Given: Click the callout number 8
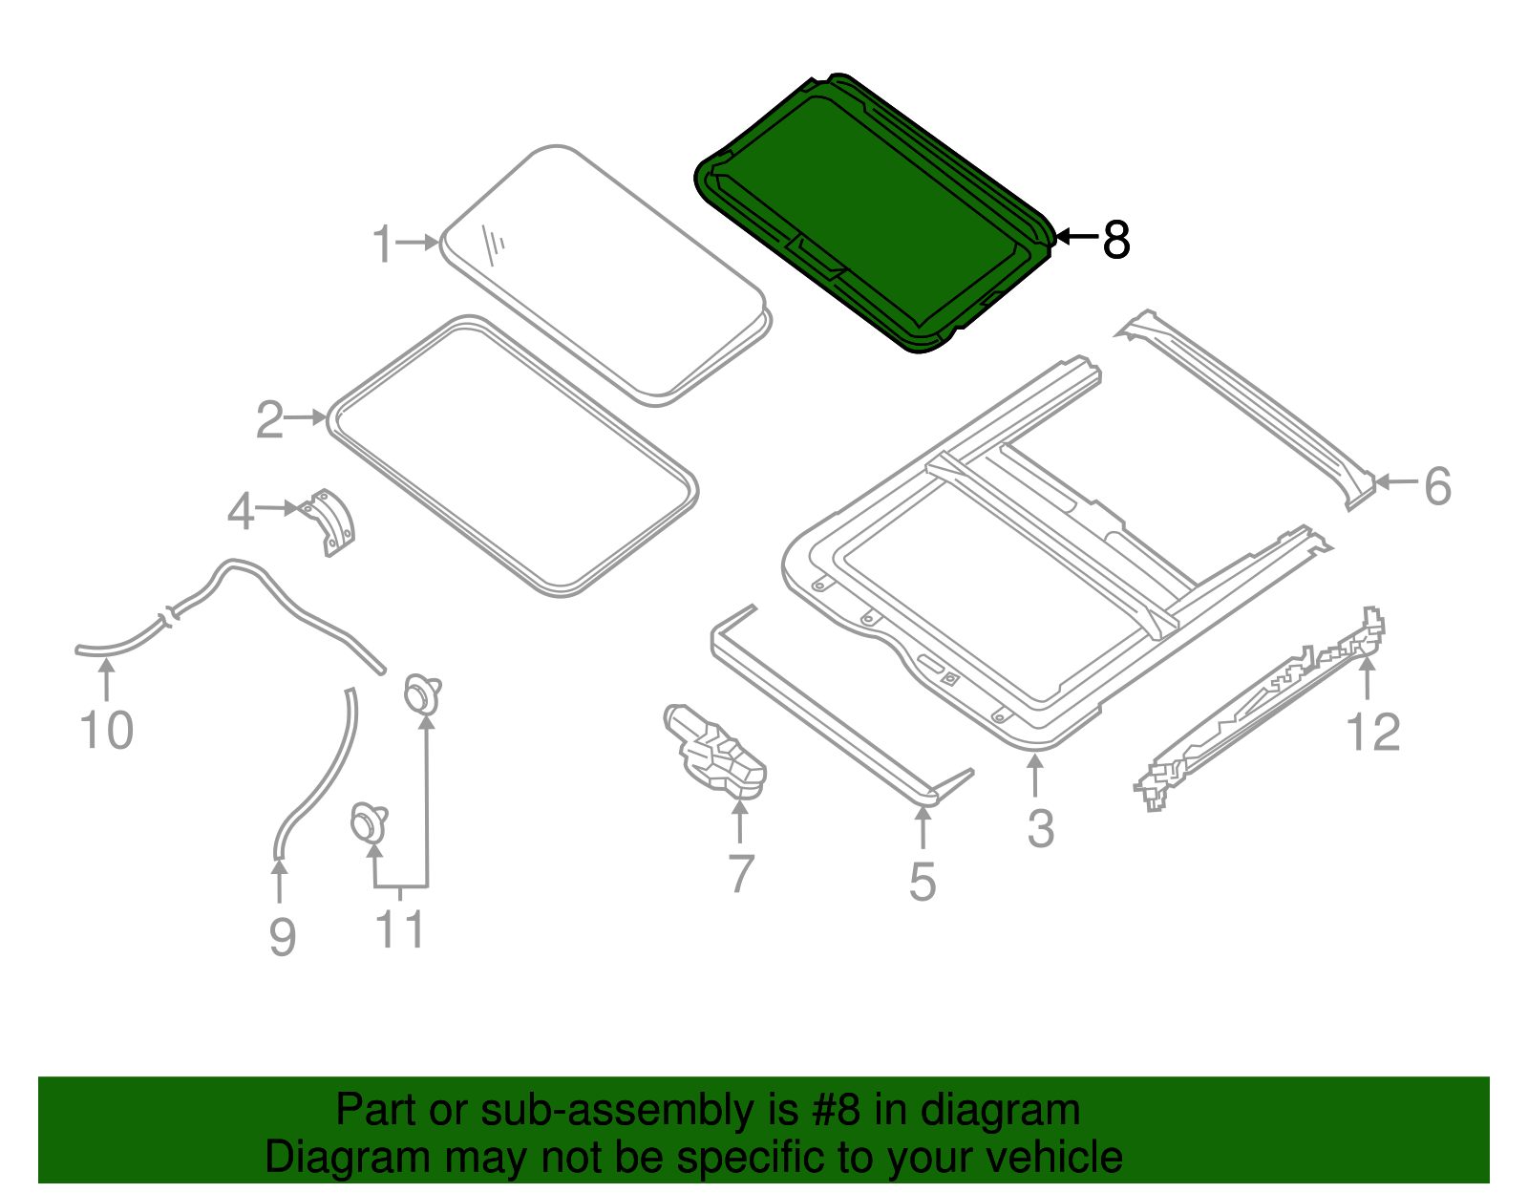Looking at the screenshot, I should [x=1115, y=240].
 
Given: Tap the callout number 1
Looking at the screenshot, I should [x=383, y=245].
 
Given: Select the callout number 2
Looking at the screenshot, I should [x=270, y=420].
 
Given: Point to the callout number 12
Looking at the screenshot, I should [x=1372, y=733].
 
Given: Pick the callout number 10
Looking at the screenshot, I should [x=106, y=731].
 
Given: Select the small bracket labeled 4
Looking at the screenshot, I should [x=330, y=522].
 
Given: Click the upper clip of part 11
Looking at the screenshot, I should [x=421, y=692].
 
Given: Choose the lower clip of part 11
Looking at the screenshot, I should [x=368, y=822].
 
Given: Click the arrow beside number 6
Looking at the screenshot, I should [x=1396, y=482].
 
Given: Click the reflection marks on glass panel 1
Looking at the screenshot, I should [x=494, y=245].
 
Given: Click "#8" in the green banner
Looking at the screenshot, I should [x=836, y=1111].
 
